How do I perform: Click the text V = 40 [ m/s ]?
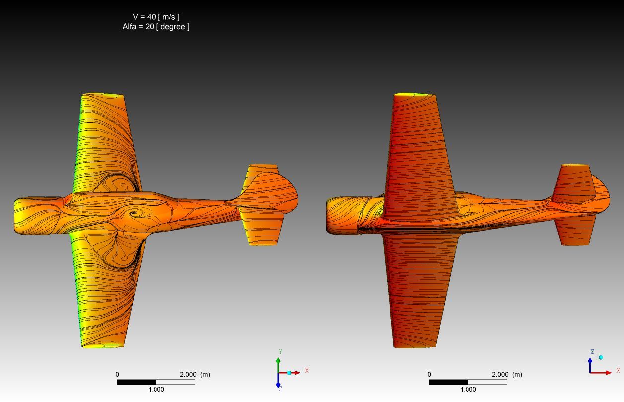point(156,17)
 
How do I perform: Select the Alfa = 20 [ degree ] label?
point(156,27)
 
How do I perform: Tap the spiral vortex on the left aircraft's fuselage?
point(134,213)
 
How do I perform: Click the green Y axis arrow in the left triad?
point(278,365)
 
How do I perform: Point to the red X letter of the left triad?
point(307,370)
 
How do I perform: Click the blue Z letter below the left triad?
point(280,389)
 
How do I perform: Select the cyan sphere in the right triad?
point(601,357)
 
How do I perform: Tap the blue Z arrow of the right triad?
point(590,365)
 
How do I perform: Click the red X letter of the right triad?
point(618,370)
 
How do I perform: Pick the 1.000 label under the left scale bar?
point(156,389)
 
